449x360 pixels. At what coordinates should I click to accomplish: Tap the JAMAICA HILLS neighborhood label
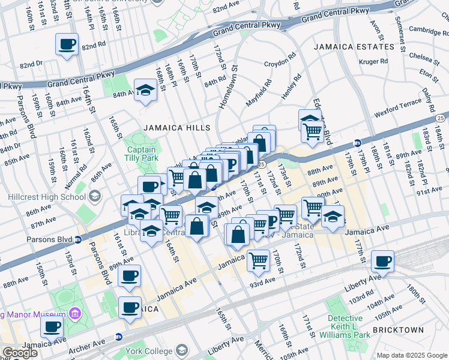tap(176, 128)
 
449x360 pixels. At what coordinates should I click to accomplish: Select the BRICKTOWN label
tap(398, 330)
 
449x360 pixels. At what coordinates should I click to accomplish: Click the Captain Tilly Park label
tap(140, 154)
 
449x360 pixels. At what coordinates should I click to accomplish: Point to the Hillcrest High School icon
tap(95, 196)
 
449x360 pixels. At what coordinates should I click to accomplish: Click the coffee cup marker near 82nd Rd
tap(67, 44)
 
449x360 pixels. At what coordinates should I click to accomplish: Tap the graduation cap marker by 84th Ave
tap(145, 91)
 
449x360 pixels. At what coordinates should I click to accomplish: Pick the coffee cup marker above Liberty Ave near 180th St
tap(382, 262)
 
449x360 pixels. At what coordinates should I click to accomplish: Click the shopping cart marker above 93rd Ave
tap(258, 260)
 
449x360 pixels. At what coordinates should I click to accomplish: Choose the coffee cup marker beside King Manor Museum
tap(52, 327)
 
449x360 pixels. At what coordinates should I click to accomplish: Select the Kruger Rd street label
tap(373, 61)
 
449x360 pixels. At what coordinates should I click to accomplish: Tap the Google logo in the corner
tap(20, 353)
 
